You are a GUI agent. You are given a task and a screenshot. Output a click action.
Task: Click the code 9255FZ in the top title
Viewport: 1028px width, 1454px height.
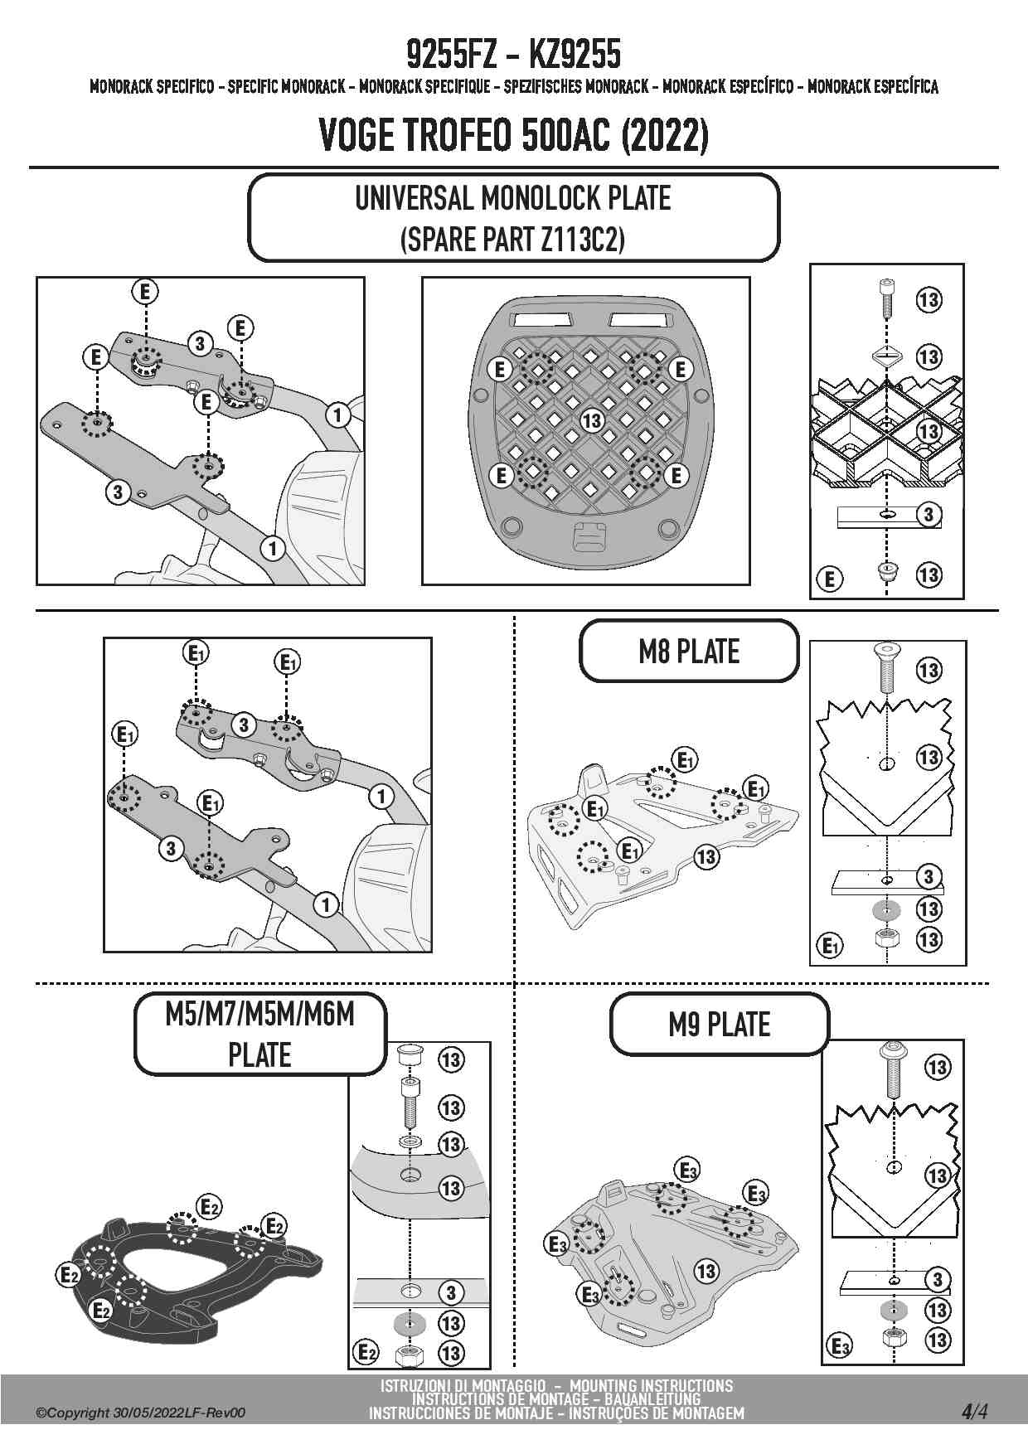click(x=452, y=55)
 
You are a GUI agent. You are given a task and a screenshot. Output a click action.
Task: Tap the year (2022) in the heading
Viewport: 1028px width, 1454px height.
click(x=665, y=135)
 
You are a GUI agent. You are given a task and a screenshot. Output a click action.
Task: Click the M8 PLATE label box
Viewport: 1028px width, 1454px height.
click(x=689, y=652)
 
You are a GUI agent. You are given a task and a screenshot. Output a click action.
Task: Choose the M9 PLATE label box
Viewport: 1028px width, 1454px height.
click(x=720, y=1025)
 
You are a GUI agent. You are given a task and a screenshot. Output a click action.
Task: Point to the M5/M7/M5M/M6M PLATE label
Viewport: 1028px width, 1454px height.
click(x=260, y=1034)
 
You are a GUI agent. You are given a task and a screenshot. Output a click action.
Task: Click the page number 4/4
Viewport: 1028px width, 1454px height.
click(x=974, y=1411)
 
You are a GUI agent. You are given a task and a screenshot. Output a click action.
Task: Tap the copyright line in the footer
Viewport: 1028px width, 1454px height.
click(x=141, y=1413)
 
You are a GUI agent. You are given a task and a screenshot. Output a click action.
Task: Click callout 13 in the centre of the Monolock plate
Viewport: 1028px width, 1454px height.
click(x=591, y=420)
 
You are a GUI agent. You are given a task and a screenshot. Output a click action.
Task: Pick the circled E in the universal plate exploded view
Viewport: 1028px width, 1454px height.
click(x=830, y=579)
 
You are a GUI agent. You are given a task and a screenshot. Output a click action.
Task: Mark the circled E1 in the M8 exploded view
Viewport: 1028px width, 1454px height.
click(x=830, y=945)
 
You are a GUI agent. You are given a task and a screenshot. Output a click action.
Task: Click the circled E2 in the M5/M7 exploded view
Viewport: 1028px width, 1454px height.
click(x=366, y=1353)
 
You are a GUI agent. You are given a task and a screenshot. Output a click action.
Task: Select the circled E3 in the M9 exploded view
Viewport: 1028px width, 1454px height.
click(x=841, y=1347)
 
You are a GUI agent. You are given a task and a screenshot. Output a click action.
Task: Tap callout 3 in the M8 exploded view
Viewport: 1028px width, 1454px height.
click(x=929, y=876)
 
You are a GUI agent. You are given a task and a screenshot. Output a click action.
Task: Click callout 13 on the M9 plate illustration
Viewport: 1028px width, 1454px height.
click(x=706, y=1270)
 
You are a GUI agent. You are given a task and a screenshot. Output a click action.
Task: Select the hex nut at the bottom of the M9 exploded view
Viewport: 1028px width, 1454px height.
click(x=893, y=1337)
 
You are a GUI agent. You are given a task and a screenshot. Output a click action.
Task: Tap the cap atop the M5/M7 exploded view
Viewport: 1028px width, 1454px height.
click(x=409, y=1057)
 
